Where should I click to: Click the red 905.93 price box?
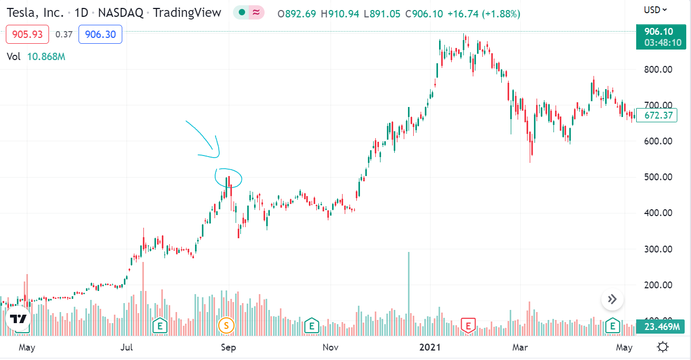(x=27, y=35)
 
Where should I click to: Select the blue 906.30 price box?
(x=100, y=35)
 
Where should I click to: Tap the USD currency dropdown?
(x=655, y=9)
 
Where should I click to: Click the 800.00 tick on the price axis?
(x=659, y=69)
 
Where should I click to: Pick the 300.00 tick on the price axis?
(x=659, y=249)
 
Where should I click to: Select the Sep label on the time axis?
(x=228, y=347)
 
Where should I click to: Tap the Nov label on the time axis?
(x=330, y=347)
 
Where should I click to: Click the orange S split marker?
(x=226, y=325)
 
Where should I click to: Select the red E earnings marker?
(x=468, y=325)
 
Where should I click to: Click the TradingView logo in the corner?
(x=18, y=319)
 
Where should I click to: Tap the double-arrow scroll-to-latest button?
(x=612, y=299)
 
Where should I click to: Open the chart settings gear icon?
(x=663, y=347)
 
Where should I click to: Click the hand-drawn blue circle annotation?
(x=229, y=178)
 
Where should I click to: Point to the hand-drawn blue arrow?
(x=206, y=140)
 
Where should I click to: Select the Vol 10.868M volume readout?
(x=36, y=56)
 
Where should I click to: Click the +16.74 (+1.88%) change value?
(x=483, y=14)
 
